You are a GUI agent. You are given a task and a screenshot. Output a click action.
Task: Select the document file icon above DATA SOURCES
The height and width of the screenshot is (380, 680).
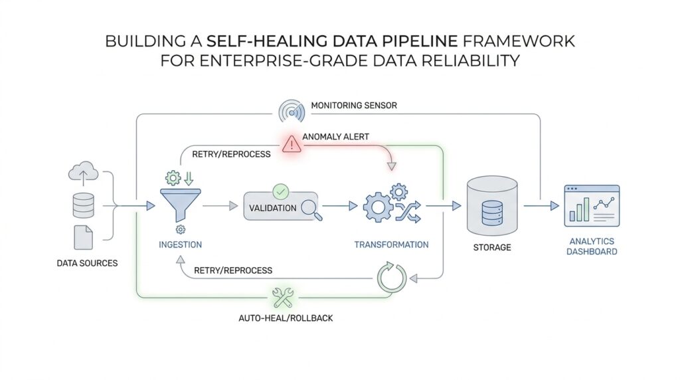point(83,237)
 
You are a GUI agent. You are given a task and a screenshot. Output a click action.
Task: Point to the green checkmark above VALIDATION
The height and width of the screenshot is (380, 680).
point(280,191)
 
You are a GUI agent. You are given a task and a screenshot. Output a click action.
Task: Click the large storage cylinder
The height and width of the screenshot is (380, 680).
point(492,206)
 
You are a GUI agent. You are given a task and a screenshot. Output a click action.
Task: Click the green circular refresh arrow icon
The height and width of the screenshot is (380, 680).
point(391,276)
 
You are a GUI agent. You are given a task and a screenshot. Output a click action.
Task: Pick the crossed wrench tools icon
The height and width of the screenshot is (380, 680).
point(284,297)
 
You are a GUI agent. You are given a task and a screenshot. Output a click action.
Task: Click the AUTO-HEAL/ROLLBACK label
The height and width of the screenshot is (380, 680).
point(286,318)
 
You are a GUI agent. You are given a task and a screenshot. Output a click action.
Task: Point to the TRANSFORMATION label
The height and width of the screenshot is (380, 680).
point(391,244)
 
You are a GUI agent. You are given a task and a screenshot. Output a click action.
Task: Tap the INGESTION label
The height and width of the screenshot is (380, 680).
point(181,244)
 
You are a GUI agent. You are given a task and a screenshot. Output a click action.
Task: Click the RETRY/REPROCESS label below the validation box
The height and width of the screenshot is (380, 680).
point(232,270)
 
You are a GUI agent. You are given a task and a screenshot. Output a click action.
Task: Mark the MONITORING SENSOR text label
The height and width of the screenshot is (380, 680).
point(354,105)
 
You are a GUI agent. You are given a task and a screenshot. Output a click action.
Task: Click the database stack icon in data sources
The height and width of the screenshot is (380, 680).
point(83,206)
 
